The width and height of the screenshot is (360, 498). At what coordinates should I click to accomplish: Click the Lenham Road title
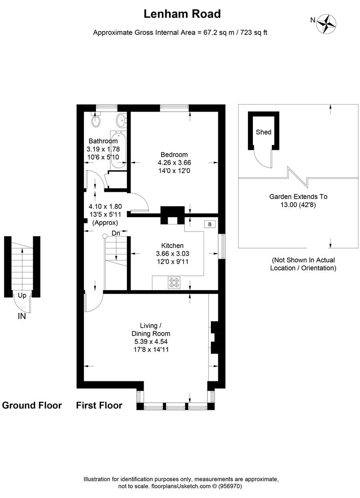[x=182, y=14]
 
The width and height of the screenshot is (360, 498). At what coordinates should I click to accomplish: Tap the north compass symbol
[x=328, y=23]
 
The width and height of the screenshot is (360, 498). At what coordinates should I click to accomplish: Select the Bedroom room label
[x=174, y=154]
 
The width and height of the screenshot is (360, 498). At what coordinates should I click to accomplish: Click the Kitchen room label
[x=172, y=246]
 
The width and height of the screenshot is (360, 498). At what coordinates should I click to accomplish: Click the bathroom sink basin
[x=122, y=121]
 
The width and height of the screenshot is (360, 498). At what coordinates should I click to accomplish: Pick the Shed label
[x=264, y=132]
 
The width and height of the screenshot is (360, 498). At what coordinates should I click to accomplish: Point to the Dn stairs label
[x=116, y=234]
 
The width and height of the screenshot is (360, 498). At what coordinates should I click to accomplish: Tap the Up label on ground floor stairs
[x=22, y=296]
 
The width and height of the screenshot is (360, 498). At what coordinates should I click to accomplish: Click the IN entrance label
[x=22, y=316]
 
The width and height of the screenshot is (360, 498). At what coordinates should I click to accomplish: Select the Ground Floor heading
[x=32, y=405]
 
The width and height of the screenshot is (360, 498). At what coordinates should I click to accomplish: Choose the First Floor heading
[x=99, y=405]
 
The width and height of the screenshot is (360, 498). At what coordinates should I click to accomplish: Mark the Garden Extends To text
[x=298, y=196]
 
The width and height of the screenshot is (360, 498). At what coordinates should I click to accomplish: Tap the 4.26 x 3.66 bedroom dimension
[x=174, y=162]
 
